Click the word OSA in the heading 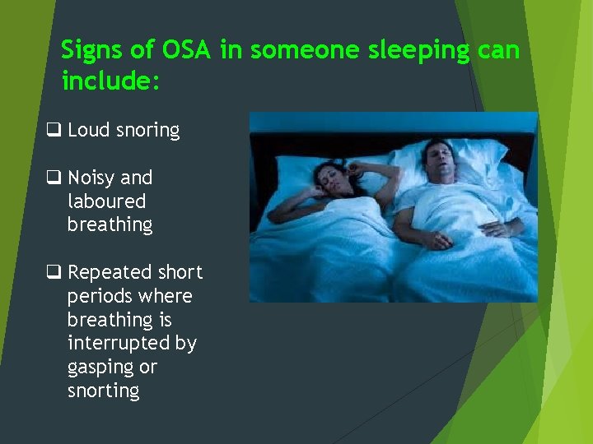point(186,50)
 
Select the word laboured point(106,201)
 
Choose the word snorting point(103,391)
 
